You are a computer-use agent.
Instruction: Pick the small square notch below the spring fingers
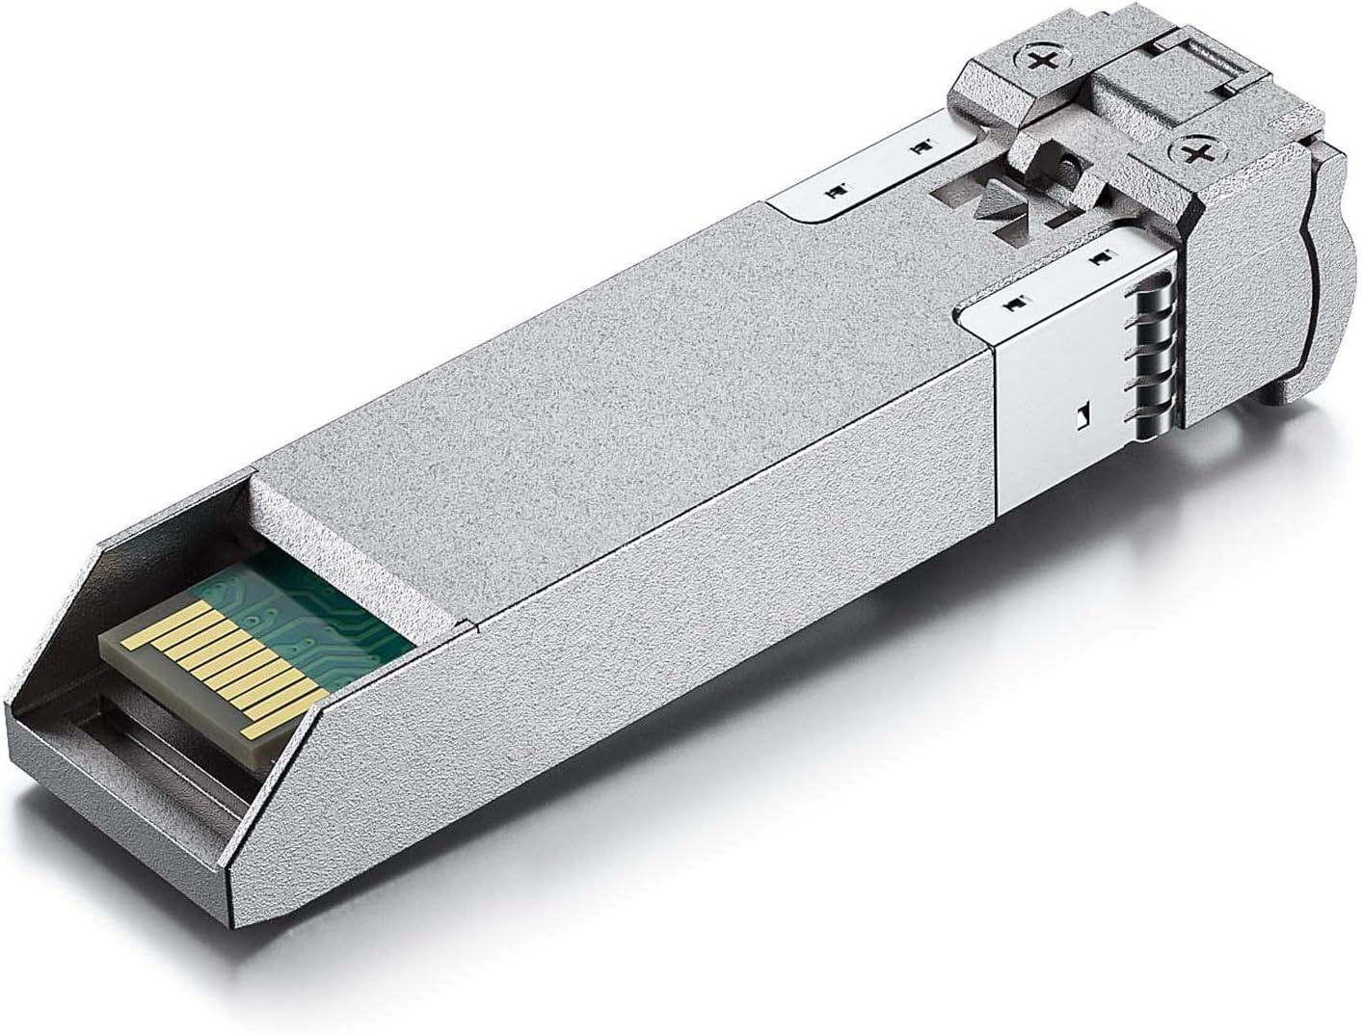click(1082, 415)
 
